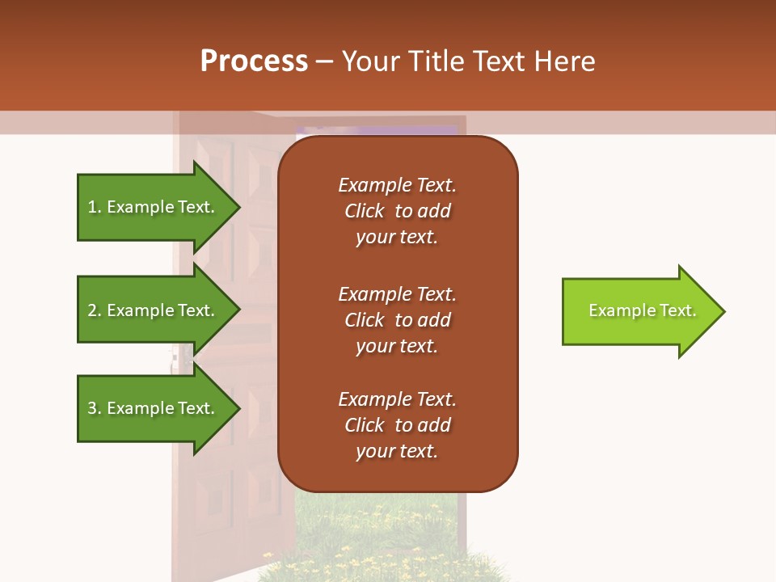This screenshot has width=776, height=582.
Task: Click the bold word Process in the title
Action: point(254,61)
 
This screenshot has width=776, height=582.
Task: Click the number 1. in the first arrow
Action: point(95,207)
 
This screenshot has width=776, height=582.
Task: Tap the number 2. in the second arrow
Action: point(95,310)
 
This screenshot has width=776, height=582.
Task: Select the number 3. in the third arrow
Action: point(95,408)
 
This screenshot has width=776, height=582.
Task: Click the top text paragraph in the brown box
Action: point(397,211)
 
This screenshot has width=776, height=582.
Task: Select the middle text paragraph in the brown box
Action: point(397,319)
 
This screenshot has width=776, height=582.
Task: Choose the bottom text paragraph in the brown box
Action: point(397,425)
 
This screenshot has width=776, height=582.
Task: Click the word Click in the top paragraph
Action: point(365,211)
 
